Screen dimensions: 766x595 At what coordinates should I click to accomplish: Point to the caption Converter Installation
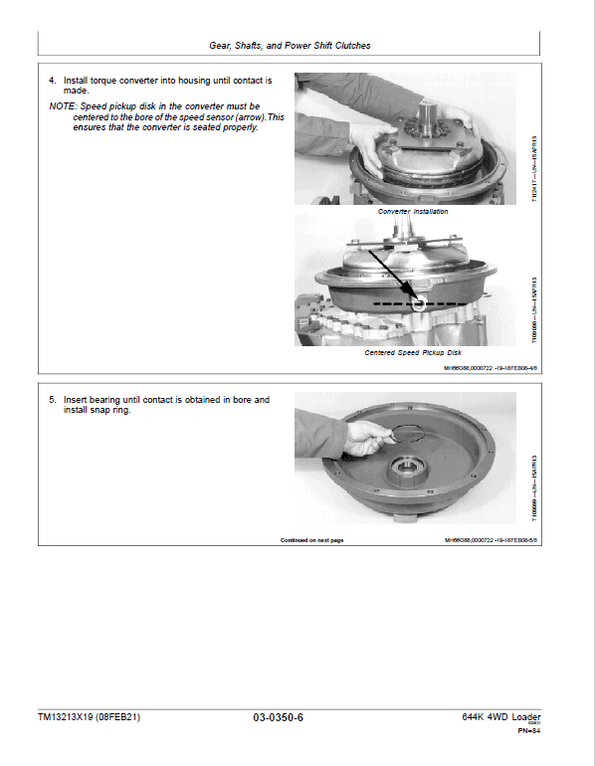(412, 212)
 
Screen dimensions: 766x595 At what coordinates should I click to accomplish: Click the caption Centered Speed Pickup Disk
(413, 352)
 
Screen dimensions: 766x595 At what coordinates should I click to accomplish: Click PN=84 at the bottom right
(528, 732)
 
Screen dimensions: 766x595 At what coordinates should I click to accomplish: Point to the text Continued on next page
(311, 540)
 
